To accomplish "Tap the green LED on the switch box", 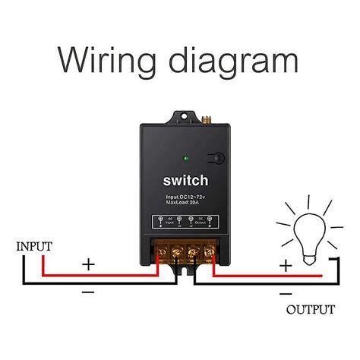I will [x=186, y=159].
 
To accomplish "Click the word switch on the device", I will [x=185, y=182].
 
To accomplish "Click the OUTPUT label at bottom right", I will [x=310, y=310].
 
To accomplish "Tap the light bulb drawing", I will [x=310, y=232].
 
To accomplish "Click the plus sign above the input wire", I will [x=89, y=264].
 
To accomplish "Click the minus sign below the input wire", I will [x=89, y=291].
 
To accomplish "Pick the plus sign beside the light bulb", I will [x=285, y=266].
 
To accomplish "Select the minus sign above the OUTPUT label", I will [x=285, y=292].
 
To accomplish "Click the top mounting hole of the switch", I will [x=183, y=118].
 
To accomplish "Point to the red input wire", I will [x=91, y=274].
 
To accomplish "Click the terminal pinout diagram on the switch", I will [x=185, y=223].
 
